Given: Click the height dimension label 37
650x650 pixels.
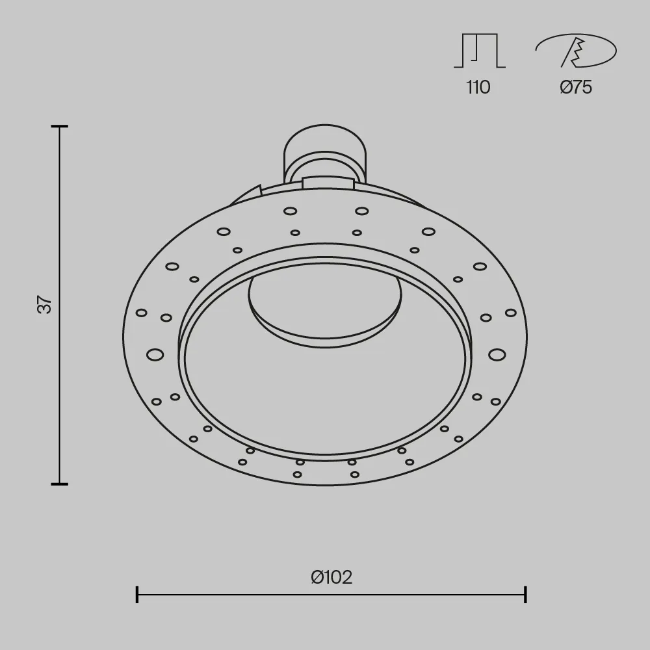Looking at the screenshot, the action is click(45, 304).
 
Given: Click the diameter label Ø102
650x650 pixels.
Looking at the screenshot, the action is click(331, 577).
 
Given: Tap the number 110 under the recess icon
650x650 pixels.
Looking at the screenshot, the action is click(478, 88).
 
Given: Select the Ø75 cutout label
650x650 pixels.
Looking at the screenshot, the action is click(576, 87).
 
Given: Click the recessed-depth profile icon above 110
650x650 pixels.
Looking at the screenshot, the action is click(480, 51).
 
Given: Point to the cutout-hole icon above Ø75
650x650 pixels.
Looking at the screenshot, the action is click(576, 51).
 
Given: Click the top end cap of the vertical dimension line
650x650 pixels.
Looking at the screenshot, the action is click(59, 126).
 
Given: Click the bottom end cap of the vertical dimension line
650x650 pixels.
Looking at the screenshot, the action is click(59, 484).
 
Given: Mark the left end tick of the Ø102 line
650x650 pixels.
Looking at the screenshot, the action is click(136, 595).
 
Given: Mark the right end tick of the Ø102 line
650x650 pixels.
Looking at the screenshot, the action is click(525, 595).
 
